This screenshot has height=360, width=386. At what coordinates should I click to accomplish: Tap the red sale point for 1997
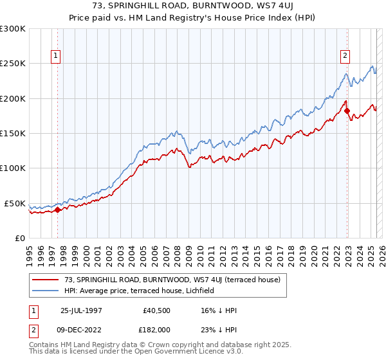coord(58,210)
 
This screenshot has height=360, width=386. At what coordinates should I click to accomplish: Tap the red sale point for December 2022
coord(347,111)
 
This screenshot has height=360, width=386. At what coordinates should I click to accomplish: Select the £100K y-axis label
coord(13,168)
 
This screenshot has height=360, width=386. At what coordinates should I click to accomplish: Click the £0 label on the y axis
coord(19,238)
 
